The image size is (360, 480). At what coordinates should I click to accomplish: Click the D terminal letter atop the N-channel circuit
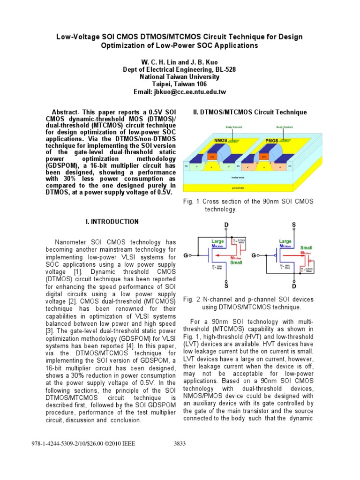point(226,225)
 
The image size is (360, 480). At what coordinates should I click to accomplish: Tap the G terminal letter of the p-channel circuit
point(254,255)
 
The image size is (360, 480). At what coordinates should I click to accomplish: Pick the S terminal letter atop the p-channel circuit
point(294,225)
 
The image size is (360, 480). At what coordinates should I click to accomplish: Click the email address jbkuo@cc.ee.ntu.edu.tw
point(180,92)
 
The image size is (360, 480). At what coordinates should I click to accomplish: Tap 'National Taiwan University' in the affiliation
point(180,77)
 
